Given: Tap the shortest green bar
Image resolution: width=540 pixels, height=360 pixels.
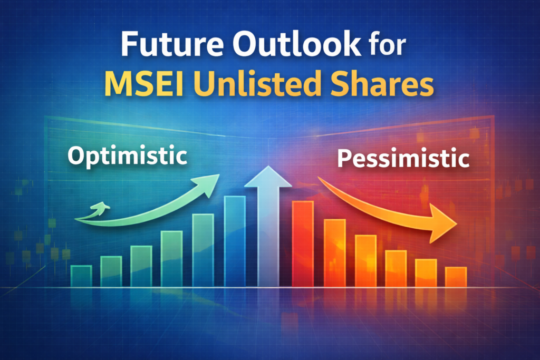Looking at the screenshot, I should [x=81, y=276].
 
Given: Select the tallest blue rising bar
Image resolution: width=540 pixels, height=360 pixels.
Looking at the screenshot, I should [x=235, y=241].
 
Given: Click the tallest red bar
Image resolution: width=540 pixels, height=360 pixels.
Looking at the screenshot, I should [x=303, y=244].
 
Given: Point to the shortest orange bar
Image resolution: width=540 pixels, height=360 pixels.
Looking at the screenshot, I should [x=456, y=277].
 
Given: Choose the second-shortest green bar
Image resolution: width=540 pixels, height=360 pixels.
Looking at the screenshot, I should [x=111, y=271].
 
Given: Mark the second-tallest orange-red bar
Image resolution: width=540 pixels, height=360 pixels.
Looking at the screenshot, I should [x=334, y=252].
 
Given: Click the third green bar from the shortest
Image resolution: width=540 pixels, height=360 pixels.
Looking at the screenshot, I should [x=141, y=266].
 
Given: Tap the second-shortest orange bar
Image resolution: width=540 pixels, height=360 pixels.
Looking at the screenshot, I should [x=426, y=273].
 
